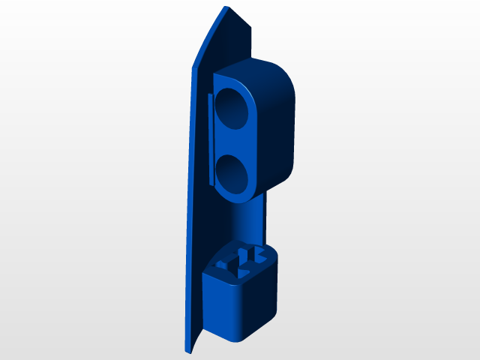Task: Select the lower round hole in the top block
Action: pyautogui.click(x=234, y=171)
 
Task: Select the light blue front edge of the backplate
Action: pyautogui.click(x=189, y=187)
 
